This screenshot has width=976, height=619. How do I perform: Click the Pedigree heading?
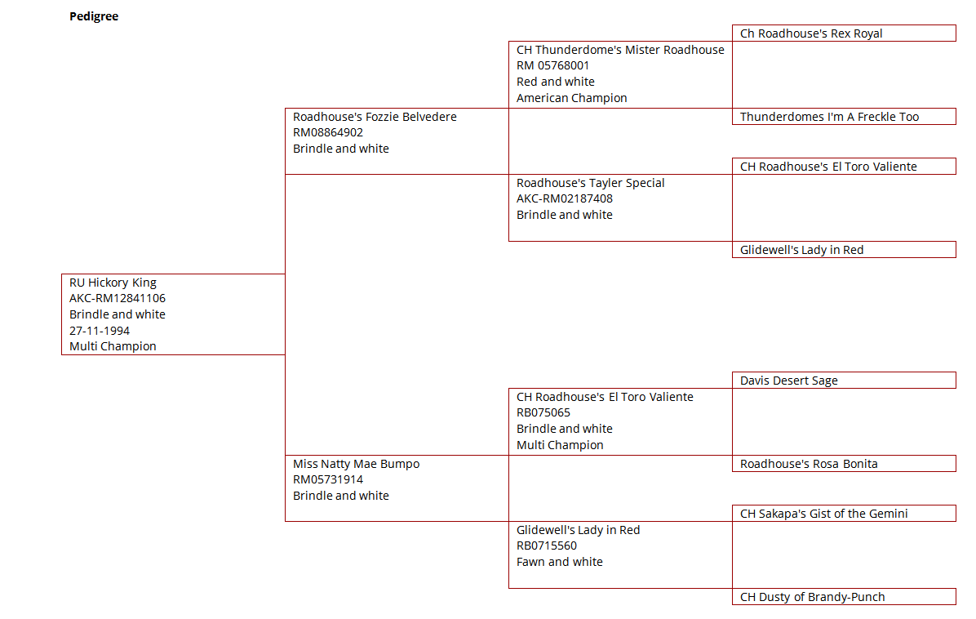93,16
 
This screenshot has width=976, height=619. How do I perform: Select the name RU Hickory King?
113,283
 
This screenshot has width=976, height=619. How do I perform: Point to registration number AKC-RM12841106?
117,298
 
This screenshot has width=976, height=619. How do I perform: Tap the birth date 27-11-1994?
100,331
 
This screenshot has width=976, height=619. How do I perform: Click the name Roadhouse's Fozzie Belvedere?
375,117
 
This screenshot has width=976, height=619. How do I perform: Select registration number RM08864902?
328,132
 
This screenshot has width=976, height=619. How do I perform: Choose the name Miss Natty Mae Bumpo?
356,464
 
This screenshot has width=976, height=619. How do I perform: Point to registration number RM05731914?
328,479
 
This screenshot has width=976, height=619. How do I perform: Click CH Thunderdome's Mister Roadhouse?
620,50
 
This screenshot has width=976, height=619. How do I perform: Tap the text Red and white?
555,82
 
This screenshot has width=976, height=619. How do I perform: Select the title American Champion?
571,98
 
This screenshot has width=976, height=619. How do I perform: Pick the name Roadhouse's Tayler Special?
590,183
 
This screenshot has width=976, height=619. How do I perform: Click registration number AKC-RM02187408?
565,198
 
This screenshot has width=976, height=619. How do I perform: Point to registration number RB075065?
543,412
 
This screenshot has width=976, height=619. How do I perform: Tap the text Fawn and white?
560,562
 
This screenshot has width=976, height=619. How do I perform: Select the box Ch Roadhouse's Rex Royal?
844,33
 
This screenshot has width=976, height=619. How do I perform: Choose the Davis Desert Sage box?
844,380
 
